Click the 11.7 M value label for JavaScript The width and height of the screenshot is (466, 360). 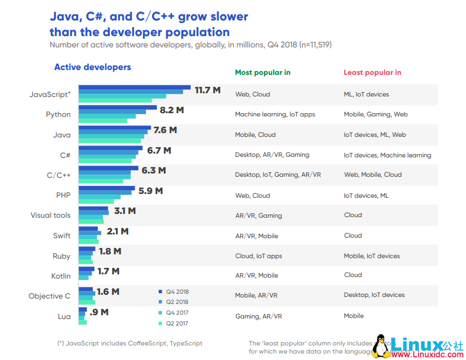(207, 90)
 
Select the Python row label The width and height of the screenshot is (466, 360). (58, 114)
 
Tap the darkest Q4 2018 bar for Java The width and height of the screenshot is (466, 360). (115, 128)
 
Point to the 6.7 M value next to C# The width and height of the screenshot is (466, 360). (159, 150)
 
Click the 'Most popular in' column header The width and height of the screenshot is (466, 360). (262, 73)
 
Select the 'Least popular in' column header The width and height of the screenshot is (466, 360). (372, 73)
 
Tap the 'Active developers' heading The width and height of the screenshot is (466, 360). (93, 67)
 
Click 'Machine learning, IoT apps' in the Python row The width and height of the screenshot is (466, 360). (275, 114)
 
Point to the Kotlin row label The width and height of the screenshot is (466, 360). (61, 276)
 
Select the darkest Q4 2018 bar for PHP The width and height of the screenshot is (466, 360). (107, 188)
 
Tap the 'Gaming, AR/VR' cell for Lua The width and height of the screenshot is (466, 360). (259, 316)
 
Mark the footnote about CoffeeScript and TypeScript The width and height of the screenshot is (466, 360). (130, 343)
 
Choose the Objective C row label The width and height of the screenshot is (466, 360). (50, 296)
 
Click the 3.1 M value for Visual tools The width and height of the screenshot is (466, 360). (124, 211)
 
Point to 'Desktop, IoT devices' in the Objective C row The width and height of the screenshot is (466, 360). (374, 295)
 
